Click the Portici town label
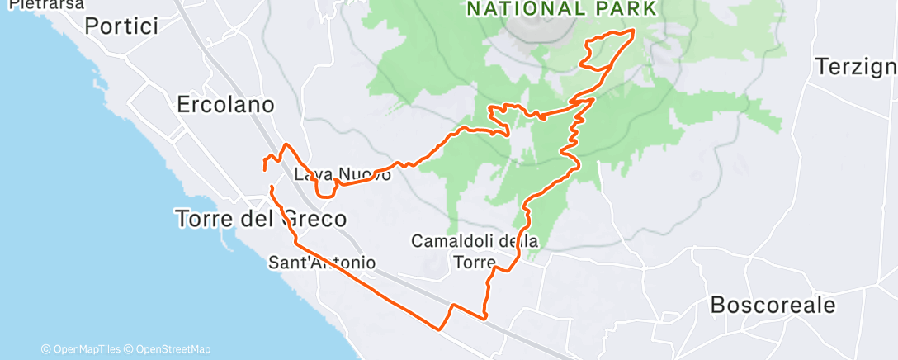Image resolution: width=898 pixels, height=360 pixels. click(x=121, y=26)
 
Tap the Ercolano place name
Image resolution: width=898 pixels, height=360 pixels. click(x=225, y=105)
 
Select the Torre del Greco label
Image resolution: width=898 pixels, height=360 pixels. click(x=260, y=219)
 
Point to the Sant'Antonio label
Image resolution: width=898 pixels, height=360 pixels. click(x=322, y=263)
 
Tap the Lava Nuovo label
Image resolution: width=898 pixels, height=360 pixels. click(x=343, y=175)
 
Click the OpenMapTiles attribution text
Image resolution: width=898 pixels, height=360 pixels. click(x=83, y=349)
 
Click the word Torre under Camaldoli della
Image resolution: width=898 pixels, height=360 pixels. click(x=474, y=262)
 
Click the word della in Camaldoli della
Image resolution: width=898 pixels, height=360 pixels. click(x=519, y=242)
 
